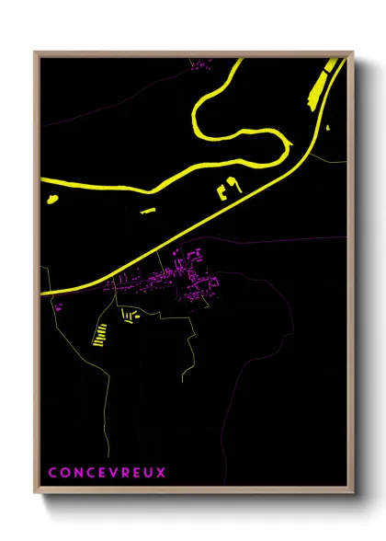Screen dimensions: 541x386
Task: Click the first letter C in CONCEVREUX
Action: click(51, 473)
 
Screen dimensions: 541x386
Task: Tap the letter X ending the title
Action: click(162, 473)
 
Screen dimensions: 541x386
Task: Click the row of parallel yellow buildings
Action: click(100, 334)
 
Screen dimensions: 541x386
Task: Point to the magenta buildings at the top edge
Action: click(199, 64)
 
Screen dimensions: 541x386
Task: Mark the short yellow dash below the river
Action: click(147, 212)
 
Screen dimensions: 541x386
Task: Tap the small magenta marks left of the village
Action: click(57, 307)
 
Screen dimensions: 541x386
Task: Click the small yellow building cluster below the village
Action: click(130, 315)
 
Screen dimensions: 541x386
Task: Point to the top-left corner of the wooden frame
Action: click(36, 52)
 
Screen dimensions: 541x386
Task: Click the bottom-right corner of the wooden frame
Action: click(352, 493)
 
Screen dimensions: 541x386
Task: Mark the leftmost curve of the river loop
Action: click(194, 110)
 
